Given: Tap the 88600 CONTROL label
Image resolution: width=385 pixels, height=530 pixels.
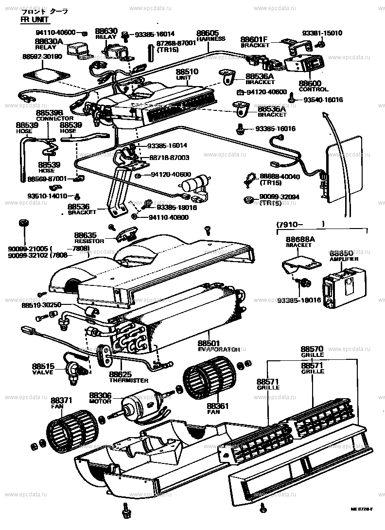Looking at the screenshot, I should pyautogui.click(x=313, y=86).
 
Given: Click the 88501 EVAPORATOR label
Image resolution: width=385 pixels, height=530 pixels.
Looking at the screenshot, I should pyautogui.click(x=218, y=345).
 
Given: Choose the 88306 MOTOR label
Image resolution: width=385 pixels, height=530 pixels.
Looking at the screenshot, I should pyautogui.click(x=100, y=398).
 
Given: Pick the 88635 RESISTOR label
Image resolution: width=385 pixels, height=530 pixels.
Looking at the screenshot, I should pyautogui.click(x=89, y=237).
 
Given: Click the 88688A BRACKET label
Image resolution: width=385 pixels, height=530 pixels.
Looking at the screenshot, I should pyautogui.click(x=298, y=242).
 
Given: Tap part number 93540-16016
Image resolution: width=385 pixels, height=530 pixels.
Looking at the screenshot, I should pyautogui.click(x=323, y=100).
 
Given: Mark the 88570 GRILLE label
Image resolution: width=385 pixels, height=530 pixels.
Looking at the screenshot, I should pyautogui.click(x=312, y=351).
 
